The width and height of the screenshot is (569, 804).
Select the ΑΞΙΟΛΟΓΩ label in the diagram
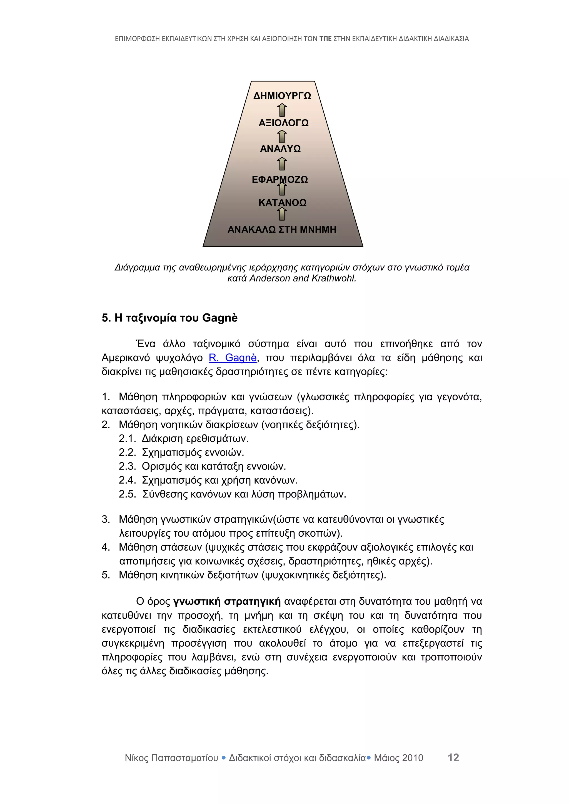tap(283, 123)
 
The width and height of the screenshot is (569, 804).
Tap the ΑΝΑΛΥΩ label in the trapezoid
tap(280, 149)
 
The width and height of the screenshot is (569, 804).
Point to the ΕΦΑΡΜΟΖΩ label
tap(279, 179)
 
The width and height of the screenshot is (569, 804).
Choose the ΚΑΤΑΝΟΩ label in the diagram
tap(282, 203)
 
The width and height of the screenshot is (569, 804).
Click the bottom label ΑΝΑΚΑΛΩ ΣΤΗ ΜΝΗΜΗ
tap(282, 229)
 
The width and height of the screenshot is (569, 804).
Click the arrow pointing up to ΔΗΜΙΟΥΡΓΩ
tap(282, 110)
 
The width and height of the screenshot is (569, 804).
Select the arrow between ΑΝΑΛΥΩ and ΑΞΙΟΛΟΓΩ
tap(282, 136)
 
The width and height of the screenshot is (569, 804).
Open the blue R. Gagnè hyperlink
tap(233, 358)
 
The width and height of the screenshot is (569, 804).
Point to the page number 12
tap(453, 757)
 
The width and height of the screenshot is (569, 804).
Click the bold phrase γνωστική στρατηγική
tap(227, 602)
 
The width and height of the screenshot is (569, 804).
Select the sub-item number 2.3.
tap(127, 466)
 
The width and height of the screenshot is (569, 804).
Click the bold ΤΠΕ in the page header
tap(325, 39)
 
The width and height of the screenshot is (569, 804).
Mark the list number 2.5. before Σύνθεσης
tap(127, 494)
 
